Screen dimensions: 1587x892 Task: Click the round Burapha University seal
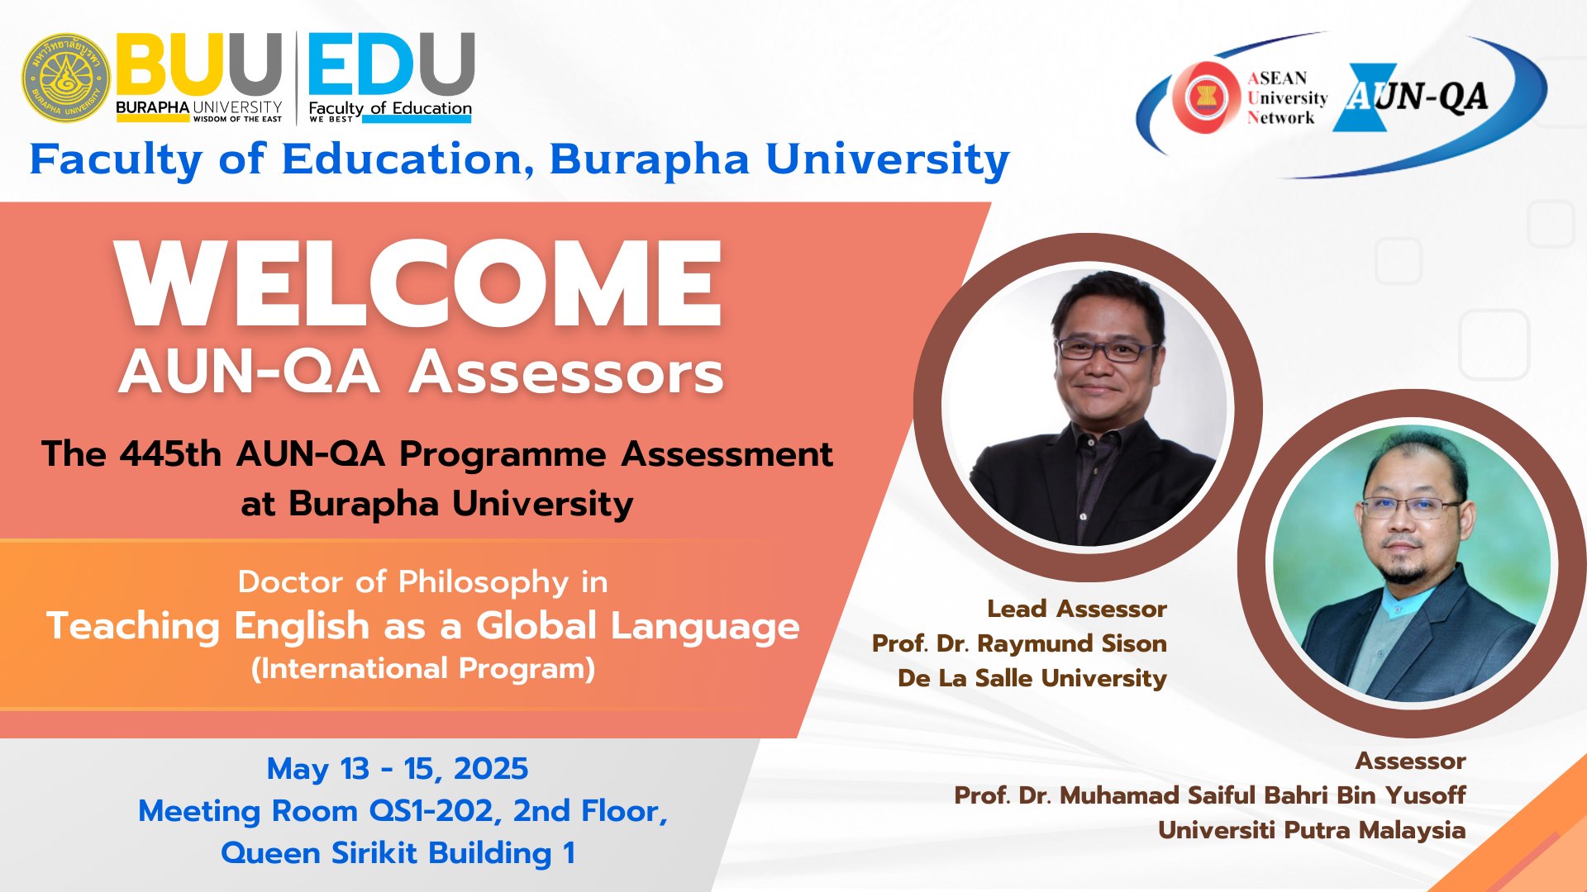66,78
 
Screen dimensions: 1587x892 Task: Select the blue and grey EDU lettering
391,64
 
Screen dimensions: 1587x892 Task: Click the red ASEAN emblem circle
1204,97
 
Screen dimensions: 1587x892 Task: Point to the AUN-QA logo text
1416,97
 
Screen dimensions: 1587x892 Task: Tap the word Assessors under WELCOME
567,372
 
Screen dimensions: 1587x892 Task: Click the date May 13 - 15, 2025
397,769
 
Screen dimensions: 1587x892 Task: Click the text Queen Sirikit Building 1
398,853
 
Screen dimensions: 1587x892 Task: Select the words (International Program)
423,668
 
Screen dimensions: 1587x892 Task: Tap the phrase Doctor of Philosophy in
422,582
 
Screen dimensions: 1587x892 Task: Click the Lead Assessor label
1077,609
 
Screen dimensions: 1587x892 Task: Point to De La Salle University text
1032,678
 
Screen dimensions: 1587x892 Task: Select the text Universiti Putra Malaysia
1312,830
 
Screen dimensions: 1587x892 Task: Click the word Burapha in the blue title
650,160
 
